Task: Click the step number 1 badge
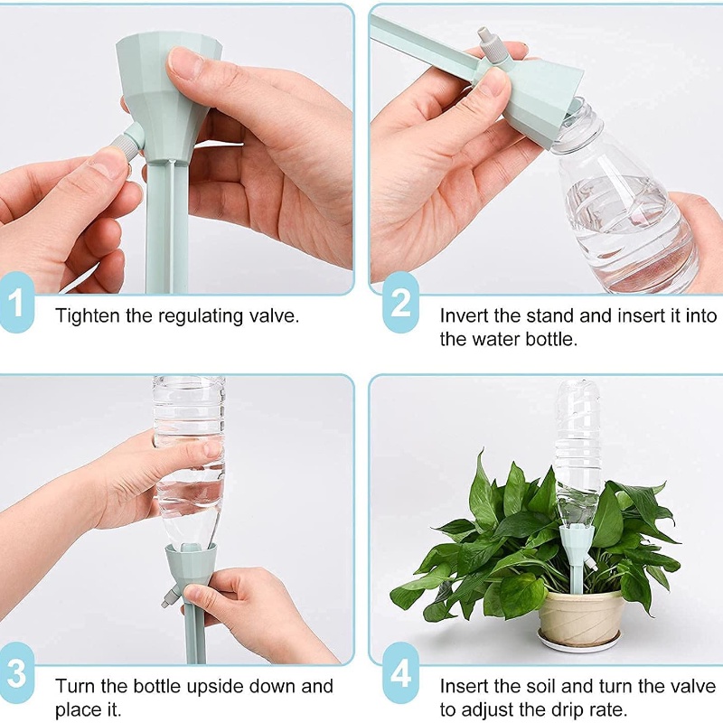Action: coord(17,302)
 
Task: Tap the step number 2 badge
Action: coord(400,302)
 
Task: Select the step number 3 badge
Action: coord(17,672)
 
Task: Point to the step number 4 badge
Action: coord(400,672)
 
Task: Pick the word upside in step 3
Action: coord(215,688)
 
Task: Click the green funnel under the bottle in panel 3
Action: coord(191,572)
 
